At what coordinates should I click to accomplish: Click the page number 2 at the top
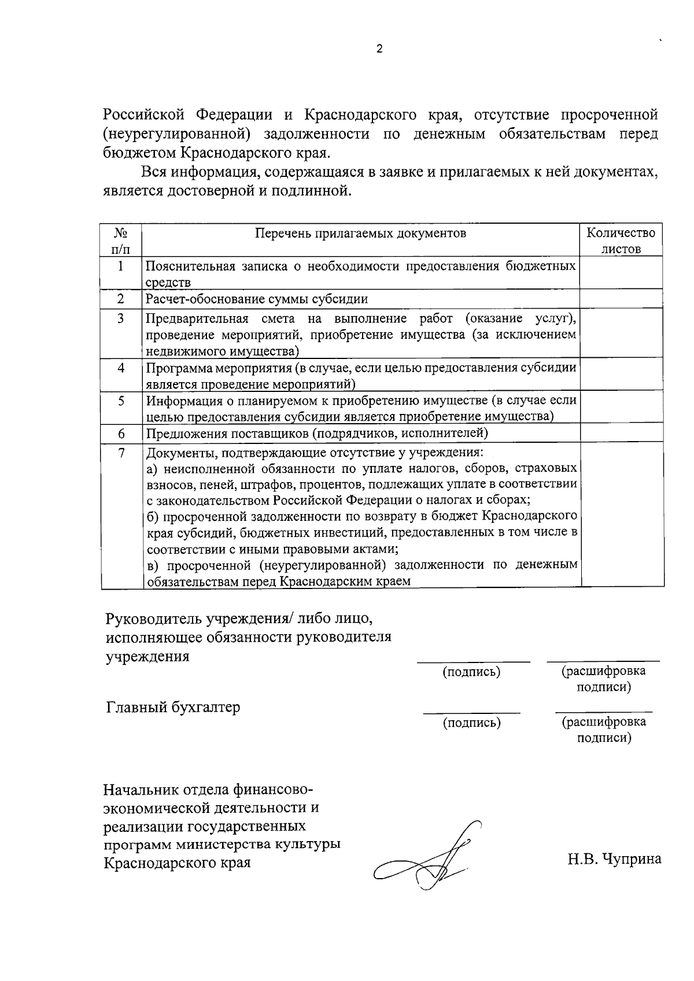[x=379, y=49]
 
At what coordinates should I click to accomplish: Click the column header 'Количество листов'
[x=621, y=240]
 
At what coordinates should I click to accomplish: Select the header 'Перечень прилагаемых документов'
[x=360, y=233]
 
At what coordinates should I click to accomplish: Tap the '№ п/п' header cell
[x=120, y=240]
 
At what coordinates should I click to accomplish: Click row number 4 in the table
[x=121, y=368]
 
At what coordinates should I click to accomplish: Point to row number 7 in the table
[x=121, y=453]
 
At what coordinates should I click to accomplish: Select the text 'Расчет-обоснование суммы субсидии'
[x=257, y=299]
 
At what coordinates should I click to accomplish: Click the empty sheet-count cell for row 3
[x=621, y=334]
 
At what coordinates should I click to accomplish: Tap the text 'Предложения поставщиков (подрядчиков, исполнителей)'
[x=317, y=433]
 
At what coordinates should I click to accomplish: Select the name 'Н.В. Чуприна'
[x=614, y=859]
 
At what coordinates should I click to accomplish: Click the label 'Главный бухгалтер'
[x=173, y=707]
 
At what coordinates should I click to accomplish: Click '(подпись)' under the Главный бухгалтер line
[x=471, y=722]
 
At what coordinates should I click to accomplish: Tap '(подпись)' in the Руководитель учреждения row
[x=471, y=672]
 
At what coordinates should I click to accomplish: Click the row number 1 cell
[x=121, y=266]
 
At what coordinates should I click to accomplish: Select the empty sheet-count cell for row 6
[x=621, y=433]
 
